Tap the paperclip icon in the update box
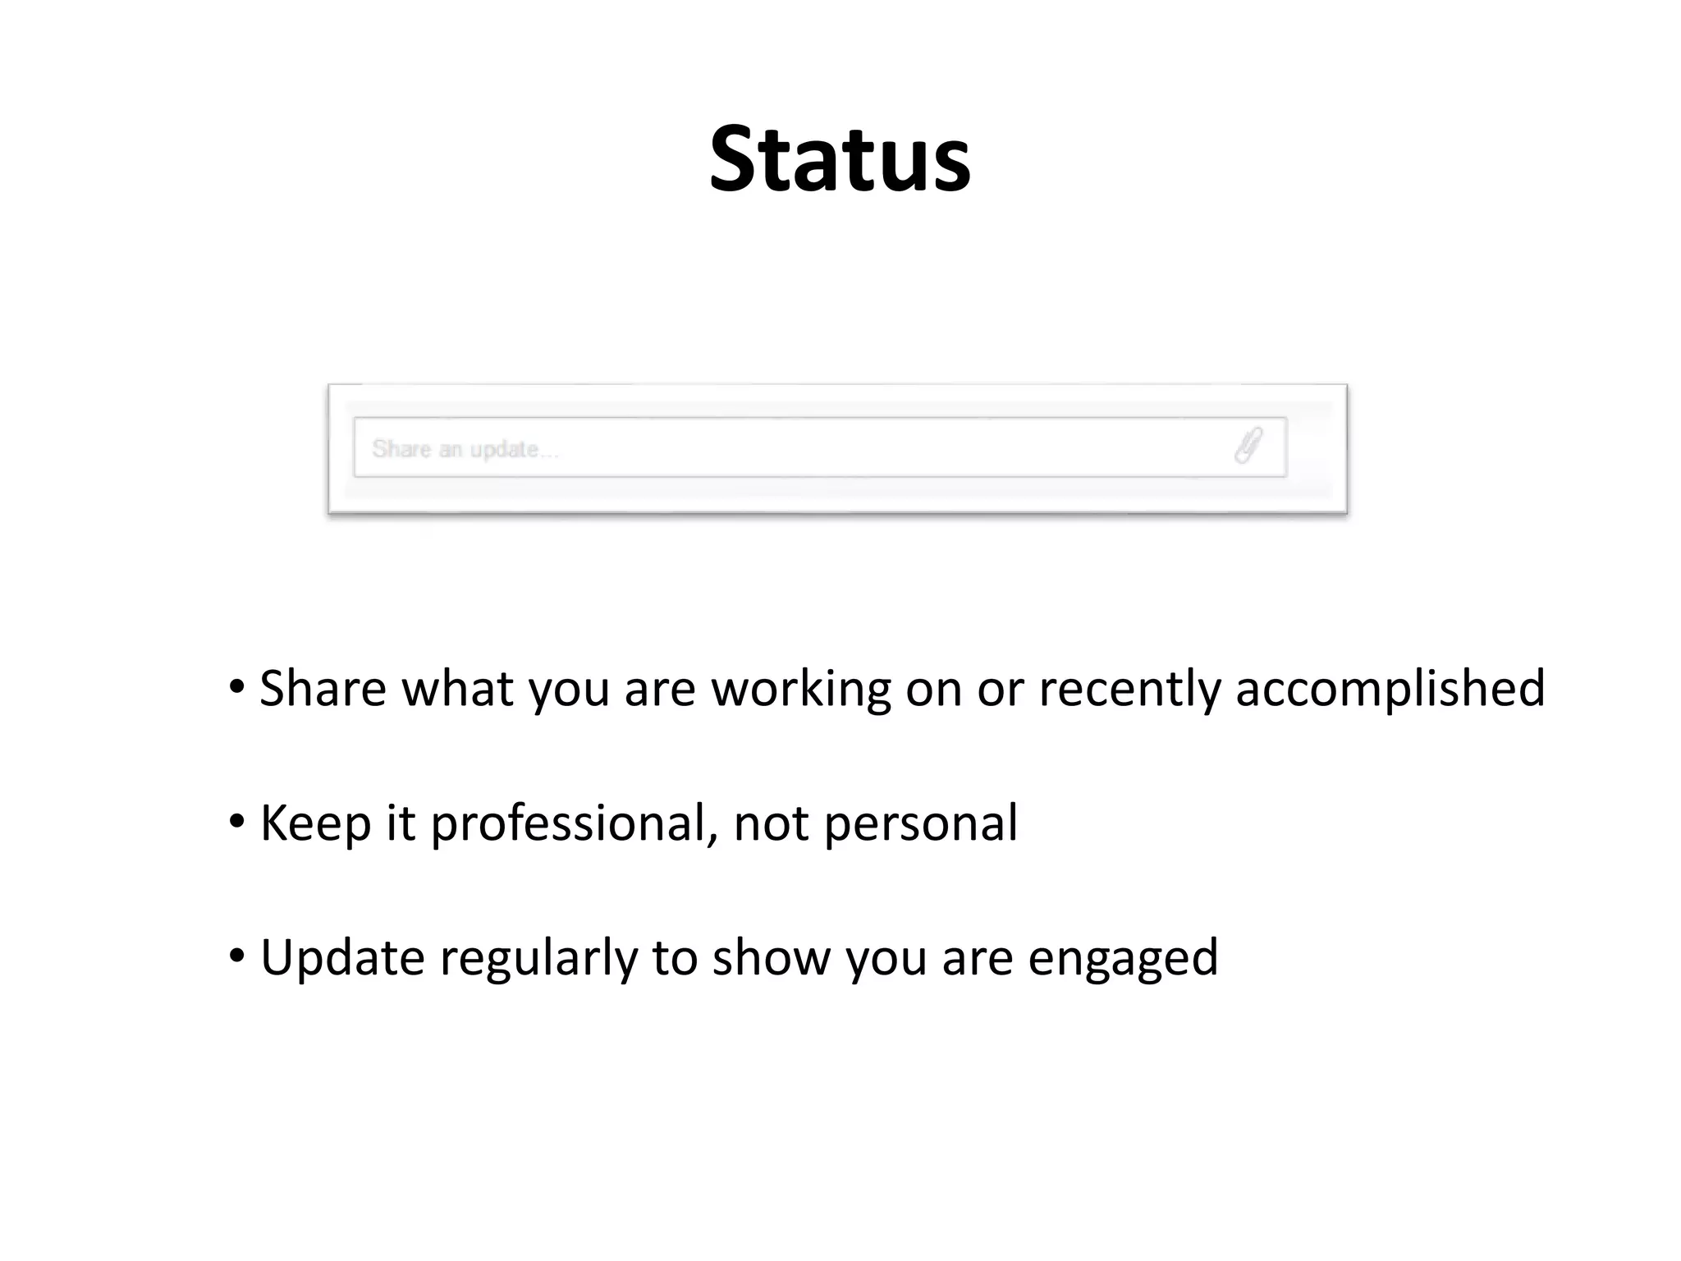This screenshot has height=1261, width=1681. tap(1248, 446)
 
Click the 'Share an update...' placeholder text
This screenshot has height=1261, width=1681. tap(465, 449)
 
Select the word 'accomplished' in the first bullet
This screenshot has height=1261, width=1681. tap(1390, 688)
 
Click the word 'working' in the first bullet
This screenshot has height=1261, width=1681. tap(801, 688)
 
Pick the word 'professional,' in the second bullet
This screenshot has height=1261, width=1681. tap(574, 823)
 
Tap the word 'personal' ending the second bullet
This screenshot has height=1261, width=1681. tap(920, 823)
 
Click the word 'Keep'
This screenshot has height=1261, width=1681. tap(315, 823)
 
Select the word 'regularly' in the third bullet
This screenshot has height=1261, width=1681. tap(538, 957)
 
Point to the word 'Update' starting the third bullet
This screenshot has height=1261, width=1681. tap(342, 957)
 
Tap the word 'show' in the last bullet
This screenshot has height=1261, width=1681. tap(771, 957)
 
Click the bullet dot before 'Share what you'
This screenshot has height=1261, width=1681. tap(237, 686)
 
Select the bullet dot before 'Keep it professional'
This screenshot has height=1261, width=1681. tap(237, 821)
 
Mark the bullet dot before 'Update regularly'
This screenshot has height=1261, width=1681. tap(237, 956)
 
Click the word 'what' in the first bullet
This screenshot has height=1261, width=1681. tap(457, 688)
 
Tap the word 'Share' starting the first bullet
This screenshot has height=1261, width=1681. tap(323, 688)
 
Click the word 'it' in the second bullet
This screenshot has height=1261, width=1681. tap(401, 823)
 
